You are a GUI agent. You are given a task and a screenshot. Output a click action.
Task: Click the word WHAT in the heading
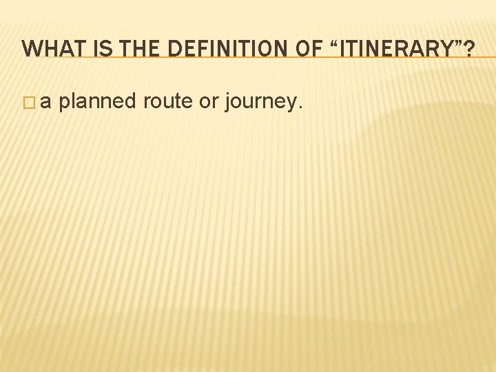(x=48, y=48)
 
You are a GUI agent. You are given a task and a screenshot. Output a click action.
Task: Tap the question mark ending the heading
(x=468, y=48)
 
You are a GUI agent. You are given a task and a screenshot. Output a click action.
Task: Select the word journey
(x=260, y=103)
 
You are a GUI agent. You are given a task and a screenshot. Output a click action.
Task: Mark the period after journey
(x=299, y=108)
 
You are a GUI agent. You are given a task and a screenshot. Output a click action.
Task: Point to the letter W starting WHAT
(x=30, y=48)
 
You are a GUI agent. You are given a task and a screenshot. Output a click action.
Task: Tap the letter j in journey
(x=230, y=103)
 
